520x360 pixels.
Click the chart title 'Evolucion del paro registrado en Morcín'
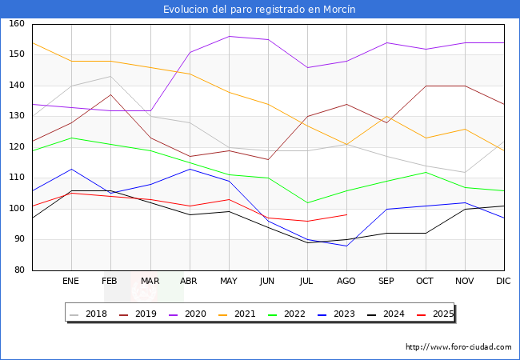[259, 10]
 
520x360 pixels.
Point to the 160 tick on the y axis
[16, 24]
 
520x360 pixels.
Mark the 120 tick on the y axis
[16, 147]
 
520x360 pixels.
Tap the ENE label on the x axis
[71, 282]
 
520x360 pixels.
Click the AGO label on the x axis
[346, 282]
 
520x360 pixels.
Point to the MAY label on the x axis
[229, 282]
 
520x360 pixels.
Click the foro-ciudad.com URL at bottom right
[458, 347]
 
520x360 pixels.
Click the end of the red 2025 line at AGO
[346, 214]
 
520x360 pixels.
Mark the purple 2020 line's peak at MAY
[229, 36]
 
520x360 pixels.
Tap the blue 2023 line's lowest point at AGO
[346, 246]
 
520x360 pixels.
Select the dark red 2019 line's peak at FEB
[110, 94]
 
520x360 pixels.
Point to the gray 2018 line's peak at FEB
[110, 76]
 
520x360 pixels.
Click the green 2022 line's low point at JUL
[307, 202]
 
